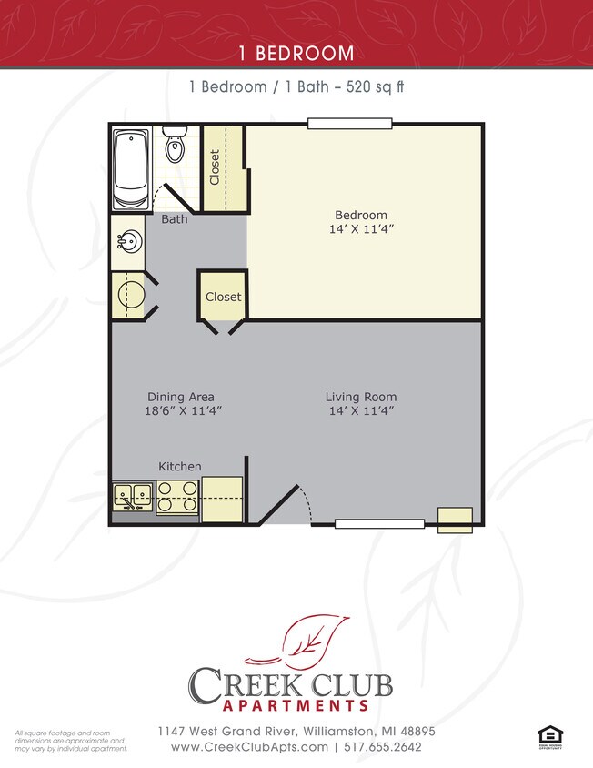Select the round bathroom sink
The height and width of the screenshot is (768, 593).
(129, 242)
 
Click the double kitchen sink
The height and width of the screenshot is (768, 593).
(133, 496)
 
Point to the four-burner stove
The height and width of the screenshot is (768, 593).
(177, 496)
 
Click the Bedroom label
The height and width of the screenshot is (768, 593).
(361, 215)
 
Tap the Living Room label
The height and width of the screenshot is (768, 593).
(361, 397)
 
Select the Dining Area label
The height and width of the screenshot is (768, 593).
(181, 397)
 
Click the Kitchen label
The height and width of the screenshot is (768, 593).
(180, 466)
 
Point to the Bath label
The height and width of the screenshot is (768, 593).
(175, 219)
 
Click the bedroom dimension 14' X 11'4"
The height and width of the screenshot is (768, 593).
(361, 230)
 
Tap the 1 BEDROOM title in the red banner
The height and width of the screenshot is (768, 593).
(296, 53)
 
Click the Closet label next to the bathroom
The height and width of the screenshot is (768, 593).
(215, 167)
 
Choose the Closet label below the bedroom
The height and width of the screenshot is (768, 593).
(223, 297)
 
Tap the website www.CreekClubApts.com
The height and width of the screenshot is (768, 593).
(249, 747)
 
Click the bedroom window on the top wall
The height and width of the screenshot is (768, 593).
(349, 123)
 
